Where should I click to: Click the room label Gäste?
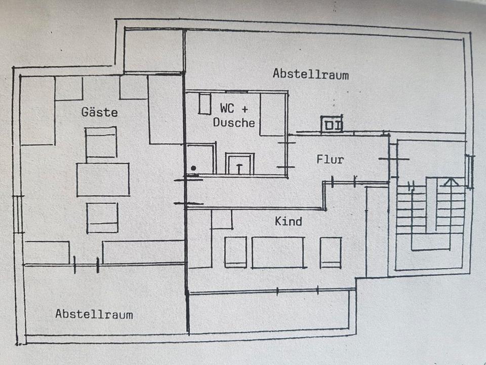(100, 112)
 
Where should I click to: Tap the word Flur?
(330, 160)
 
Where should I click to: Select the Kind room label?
(288, 221)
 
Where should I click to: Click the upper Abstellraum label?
(310, 74)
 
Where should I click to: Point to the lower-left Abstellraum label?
(94, 314)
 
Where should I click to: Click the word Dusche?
(233, 122)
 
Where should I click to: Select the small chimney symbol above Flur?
(332, 124)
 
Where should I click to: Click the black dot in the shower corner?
(193, 168)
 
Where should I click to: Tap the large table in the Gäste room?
(103, 179)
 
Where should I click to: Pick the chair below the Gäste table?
(102, 217)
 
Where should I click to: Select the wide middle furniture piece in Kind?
(278, 252)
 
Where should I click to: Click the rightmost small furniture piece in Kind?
(331, 252)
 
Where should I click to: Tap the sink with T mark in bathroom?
(239, 164)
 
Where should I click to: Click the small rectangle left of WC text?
(204, 103)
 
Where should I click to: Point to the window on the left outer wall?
(18, 214)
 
